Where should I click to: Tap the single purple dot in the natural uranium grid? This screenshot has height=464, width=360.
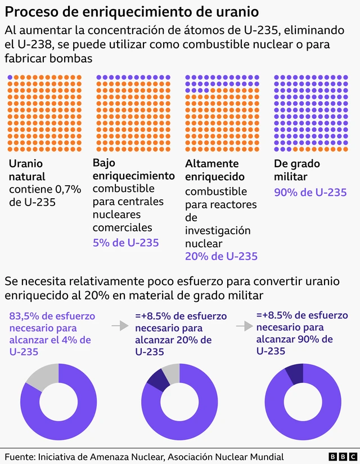10,77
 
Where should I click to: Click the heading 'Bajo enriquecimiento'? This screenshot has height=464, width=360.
133,169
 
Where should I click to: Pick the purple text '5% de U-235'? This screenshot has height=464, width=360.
125,243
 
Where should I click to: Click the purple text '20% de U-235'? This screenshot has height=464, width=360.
221,256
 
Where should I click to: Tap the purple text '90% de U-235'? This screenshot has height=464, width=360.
310,192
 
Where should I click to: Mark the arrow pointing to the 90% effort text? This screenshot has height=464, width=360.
244,326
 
